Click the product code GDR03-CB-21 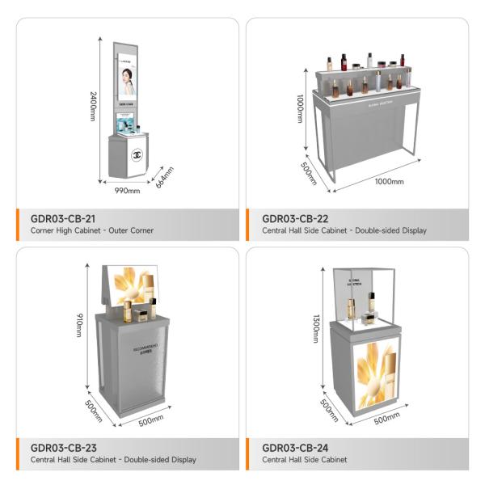click(x=63, y=218)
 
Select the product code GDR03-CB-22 click(x=296, y=218)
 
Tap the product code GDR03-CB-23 click(x=64, y=447)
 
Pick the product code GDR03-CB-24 click(x=296, y=447)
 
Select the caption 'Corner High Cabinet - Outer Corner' click(x=91, y=230)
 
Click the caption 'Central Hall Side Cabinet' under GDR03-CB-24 click(x=305, y=459)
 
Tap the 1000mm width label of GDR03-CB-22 click(x=388, y=181)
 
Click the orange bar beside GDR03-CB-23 click(x=19, y=453)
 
